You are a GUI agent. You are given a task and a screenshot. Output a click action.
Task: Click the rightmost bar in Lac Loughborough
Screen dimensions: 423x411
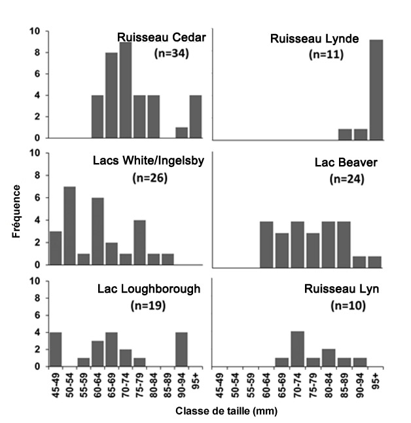coord(183,344)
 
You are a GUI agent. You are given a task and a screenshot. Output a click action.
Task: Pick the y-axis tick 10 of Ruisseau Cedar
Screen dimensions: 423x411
coord(38,31)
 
